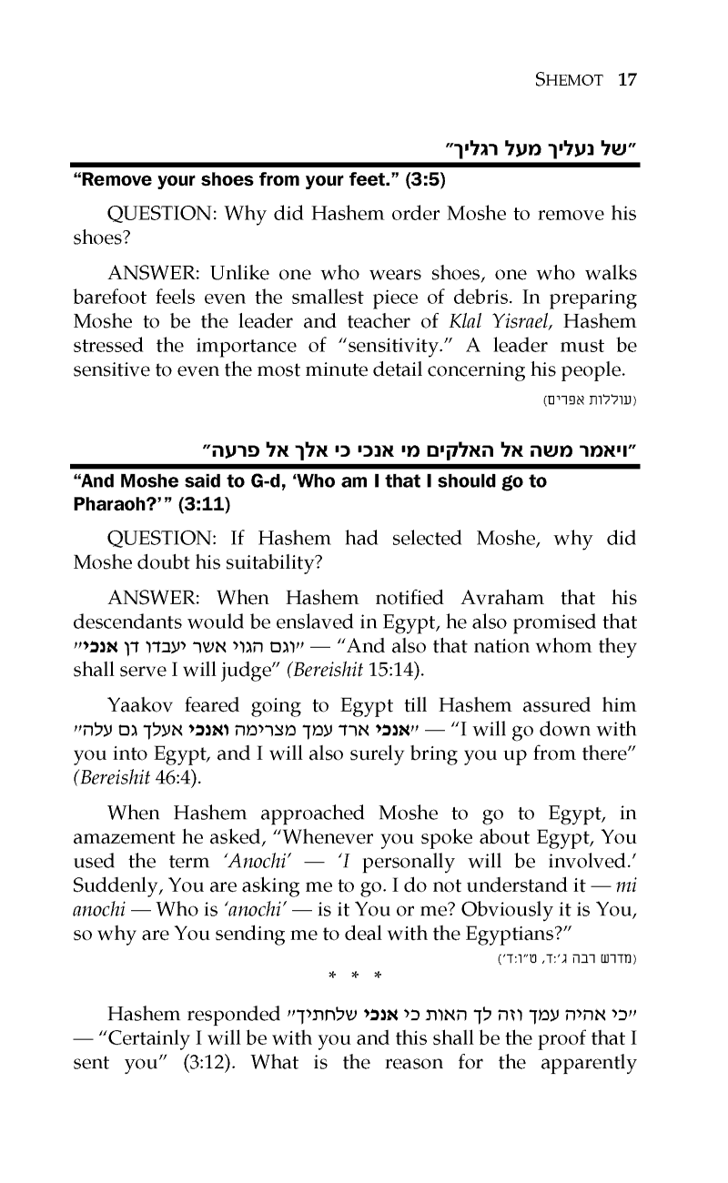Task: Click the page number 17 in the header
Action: click(626, 79)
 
